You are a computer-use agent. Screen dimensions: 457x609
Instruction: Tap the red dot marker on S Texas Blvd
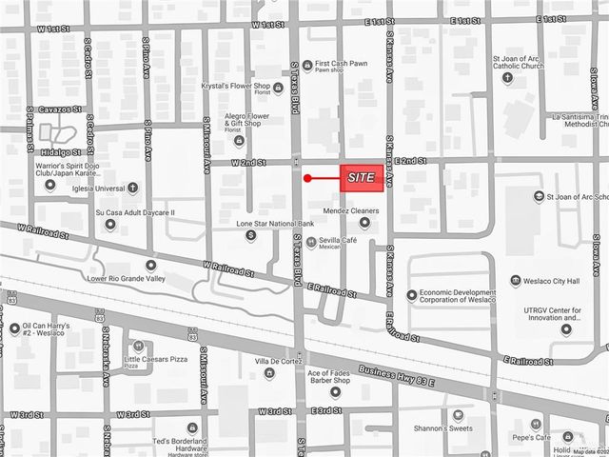307,178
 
